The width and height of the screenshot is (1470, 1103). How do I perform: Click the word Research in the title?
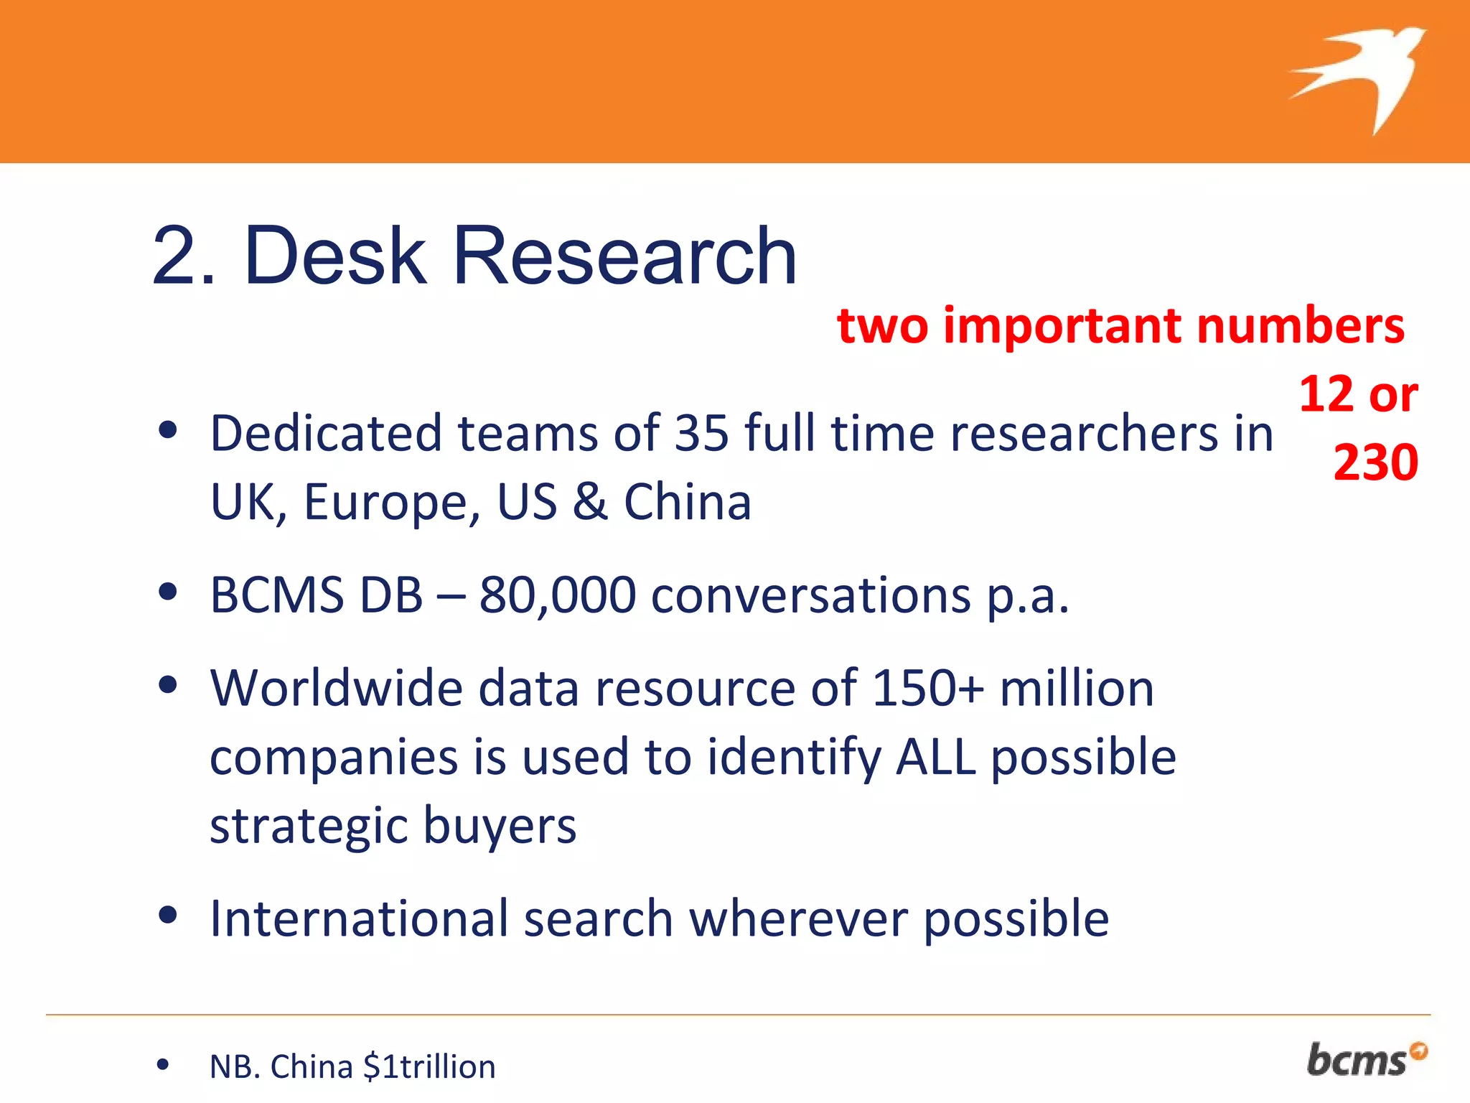tap(624, 256)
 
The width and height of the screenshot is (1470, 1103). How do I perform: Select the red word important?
tap(1062, 327)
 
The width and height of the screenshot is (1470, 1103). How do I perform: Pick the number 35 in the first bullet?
tap(701, 434)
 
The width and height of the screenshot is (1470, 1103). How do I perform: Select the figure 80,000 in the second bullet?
tap(558, 595)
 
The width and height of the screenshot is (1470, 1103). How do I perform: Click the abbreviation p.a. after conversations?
tap(1028, 597)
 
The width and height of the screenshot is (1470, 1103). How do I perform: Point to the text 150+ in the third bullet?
tap(927, 689)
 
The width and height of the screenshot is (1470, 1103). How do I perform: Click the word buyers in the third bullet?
tap(500, 826)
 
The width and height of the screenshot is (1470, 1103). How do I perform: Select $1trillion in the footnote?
tap(429, 1066)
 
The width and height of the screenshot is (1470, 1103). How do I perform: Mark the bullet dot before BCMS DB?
tap(167, 592)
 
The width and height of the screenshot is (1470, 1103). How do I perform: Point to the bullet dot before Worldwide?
tap(167, 685)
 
